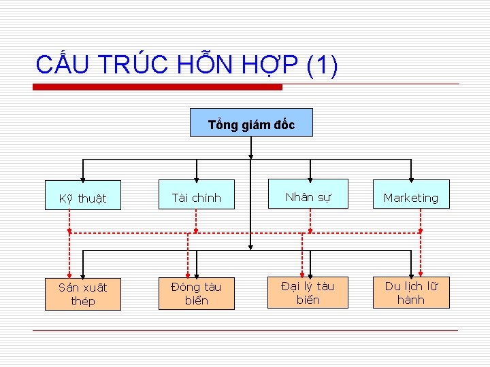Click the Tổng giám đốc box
tap(251, 123)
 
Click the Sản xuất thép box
tap(83, 294)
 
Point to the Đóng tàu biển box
tap(196, 293)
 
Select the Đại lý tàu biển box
tap(308, 292)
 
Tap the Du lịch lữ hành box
tap(410, 292)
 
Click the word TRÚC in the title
tap(133, 65)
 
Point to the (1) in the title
tap(322, 65)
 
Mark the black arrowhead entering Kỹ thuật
tap(83, 177)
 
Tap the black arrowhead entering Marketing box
tap(411, 176)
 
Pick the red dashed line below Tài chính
tap(196, 221)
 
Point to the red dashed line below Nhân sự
tap(310, 221)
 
